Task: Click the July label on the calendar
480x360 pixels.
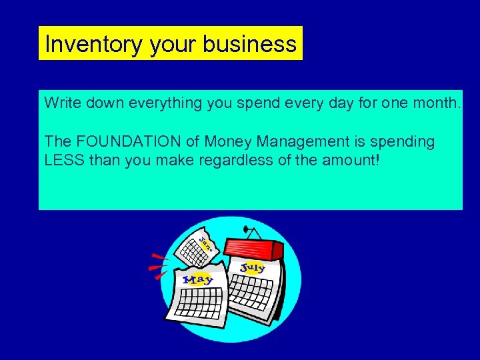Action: pyautogui.click(x=252, y=269)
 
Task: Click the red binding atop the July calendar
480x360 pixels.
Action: pyautogui.click(x=253, y=248)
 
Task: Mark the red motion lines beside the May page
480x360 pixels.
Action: pyautogui.click(x=159, y=265)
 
